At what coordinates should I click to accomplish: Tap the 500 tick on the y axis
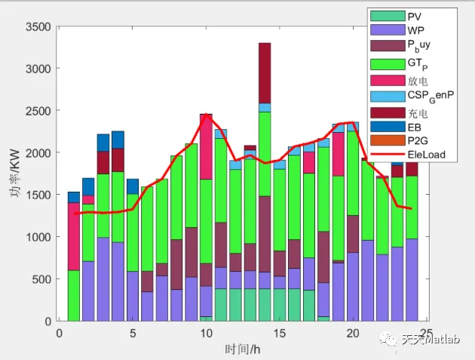click(x=41, y=279)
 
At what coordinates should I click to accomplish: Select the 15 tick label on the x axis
click(x=280, y=333)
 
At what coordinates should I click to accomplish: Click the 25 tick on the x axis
click(x=427, y=333)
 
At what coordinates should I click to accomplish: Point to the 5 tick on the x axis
click(x=133, y=333)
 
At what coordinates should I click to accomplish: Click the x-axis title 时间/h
click(x=244, y=349)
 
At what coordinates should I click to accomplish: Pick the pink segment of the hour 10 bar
click(x=206, y=146)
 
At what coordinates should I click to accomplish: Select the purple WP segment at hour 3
click(x=103, y=278)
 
